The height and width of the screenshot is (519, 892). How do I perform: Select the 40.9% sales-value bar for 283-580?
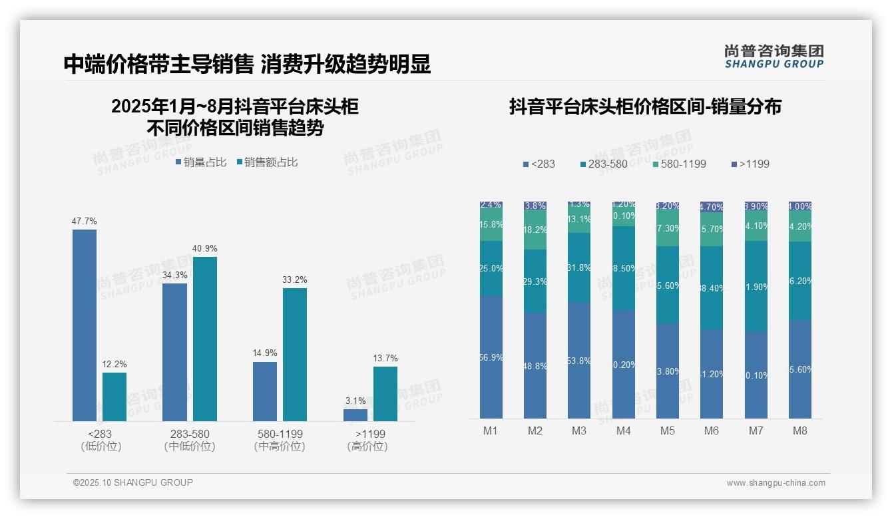pos(205,339)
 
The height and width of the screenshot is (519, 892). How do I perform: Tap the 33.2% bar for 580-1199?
pos(295,354)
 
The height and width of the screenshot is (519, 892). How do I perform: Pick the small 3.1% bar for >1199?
pos(355,415)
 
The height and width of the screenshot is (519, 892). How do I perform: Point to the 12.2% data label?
pos(114,365)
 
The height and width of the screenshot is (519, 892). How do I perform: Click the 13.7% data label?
pos(385,359)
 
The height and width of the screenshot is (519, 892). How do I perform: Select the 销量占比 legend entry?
pos(201,162)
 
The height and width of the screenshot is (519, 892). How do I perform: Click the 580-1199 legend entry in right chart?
pos(678,164)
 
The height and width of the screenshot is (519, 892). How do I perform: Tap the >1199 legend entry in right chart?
pos(750,164)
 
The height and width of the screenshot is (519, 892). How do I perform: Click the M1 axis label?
pos(491,431)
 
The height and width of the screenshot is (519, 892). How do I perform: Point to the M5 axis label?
pos(668,431)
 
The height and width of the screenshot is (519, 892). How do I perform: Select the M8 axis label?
pos(800,431)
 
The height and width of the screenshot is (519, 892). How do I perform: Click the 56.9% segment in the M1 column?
pos(491,357)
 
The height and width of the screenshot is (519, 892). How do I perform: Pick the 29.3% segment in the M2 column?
pos(535,281)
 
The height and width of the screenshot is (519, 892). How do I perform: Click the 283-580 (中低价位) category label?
pos(190,440)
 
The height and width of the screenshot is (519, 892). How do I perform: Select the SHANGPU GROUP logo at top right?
pos(774,57)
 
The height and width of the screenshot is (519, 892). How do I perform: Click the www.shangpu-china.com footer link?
pos(776,483)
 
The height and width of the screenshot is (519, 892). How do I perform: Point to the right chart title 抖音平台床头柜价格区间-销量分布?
pos(645,106)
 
